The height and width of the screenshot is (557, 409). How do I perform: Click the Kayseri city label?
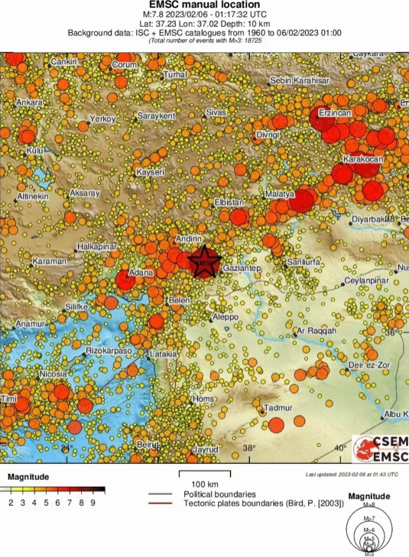tap(150, 173)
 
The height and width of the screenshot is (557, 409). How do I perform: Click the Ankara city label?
tap(29, 102)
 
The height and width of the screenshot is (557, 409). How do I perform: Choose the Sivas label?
tap(216, 112)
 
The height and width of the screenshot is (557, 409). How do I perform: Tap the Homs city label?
tap(203, 400)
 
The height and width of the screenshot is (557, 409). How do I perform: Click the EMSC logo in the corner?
tap(381, 449)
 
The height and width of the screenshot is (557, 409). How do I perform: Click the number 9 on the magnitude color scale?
tap(93, 502)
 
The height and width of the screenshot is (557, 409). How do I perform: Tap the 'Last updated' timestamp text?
tap(352, 474)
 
